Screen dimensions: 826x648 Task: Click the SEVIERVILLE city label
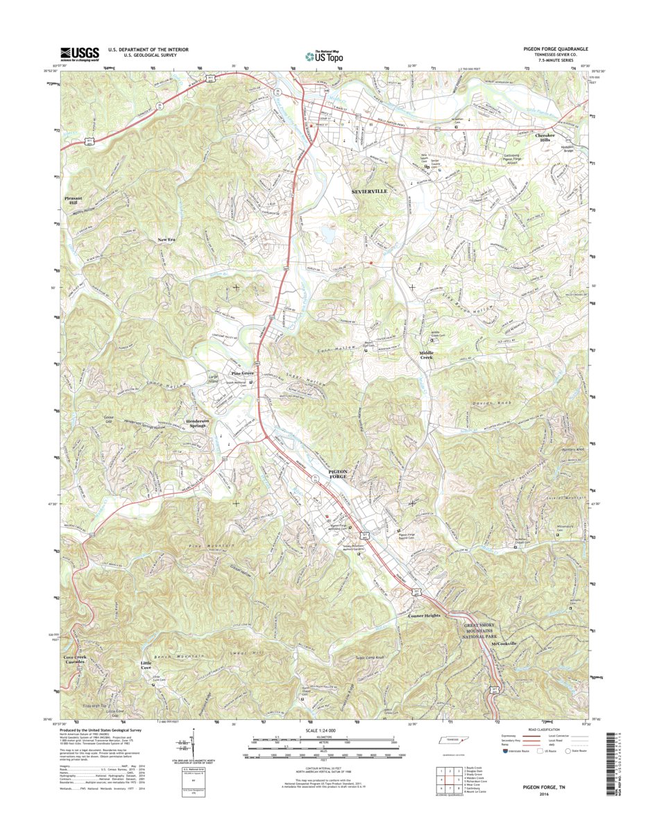tap(369, 190)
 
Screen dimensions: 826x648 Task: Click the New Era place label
tap(167, 239)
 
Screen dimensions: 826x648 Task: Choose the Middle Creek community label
tap(430, 355)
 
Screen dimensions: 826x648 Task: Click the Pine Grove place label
tap(241, 373)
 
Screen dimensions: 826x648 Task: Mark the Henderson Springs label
tap(202, 423)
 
